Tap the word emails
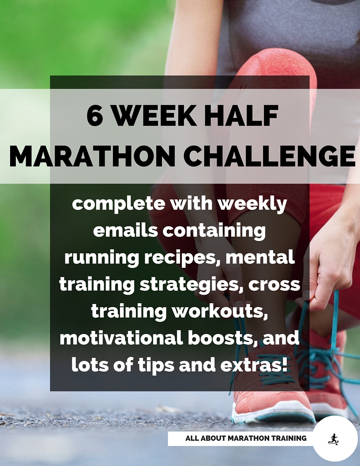tap(125, 231)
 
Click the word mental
tap(260, 257)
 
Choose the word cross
tap(274, 285)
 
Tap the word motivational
tap(121, 338)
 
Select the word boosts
tap(223, 338)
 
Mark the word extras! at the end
tap(254, 365)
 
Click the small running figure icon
tap(334, 439)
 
